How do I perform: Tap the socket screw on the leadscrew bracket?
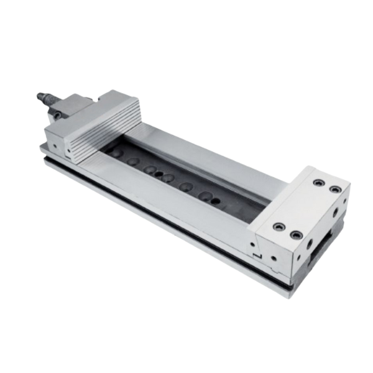coord(57,115)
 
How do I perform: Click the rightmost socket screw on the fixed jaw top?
coord(336,189)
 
